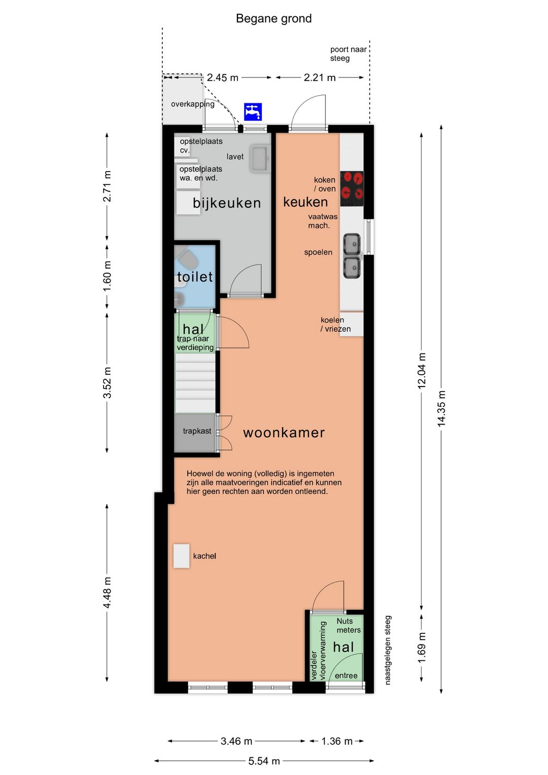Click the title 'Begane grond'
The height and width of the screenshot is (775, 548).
click(x=273, y=19)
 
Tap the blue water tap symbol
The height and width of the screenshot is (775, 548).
click(x=253, y=112)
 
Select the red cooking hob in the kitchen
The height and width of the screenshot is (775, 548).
click(x=352, y=188)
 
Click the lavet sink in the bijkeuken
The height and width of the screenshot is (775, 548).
click(x=260, y=158)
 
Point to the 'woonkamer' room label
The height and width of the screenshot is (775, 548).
click(x=284, y=433)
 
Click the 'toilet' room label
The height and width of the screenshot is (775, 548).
click(x=195, y=277)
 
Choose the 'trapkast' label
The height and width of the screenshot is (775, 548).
click(x=197, y=431)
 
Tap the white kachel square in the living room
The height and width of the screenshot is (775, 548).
click(x=181, y=556)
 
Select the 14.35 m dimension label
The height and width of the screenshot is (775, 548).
click(x=441, y=409)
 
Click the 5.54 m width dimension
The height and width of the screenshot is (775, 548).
click(x=264, y=761)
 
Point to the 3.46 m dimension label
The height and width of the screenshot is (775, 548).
click(x=236, y=741)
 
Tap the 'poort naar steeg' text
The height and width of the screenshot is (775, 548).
click(x=348, y=54)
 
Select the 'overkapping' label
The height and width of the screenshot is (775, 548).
click(x=193, y=104)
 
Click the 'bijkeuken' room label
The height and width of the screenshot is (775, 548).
click(x=227, y=203)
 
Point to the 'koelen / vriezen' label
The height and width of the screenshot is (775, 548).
click(x=335, y=324)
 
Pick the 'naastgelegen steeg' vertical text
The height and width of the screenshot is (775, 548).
click(x=388, y=650)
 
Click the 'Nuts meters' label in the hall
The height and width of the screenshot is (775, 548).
click(x=349, y=625)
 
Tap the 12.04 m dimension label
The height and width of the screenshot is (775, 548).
click(x=422, y=371)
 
